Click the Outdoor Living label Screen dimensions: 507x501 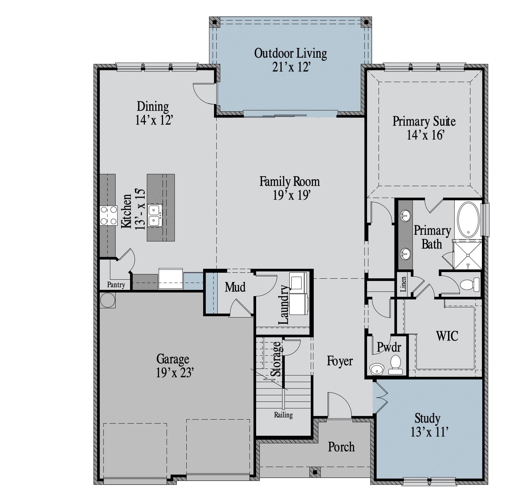pos(290,53)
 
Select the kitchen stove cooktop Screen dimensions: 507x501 pos(109,215)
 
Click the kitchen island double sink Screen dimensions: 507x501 pos(155,215)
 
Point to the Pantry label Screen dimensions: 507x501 pos(116,285)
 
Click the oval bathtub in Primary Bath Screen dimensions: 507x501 pos(468,220)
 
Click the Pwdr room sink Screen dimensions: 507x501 pos(377,369)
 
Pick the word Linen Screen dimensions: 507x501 pos(403,284)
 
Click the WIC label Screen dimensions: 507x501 pos(447,336)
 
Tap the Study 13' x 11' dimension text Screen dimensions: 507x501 pos(430,432)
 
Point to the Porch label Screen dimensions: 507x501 pos(341,447)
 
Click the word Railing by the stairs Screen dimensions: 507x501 pos(283,415)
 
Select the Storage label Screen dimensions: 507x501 pos(276,359)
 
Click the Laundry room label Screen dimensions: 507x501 pos(284,305)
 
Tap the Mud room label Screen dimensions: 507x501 pos(235,287)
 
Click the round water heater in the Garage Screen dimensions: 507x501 pos(108,300)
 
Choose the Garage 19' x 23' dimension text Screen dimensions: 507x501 pos(175,373)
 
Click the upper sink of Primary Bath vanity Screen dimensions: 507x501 pos(405,216)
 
